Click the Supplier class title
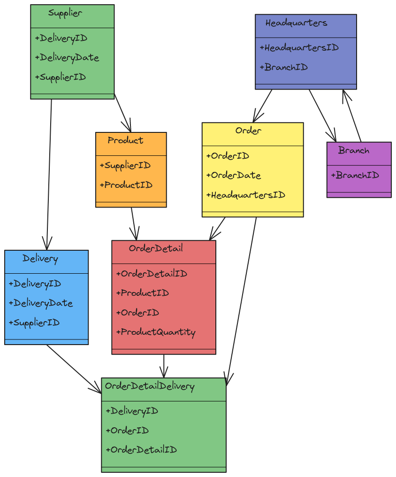click(65, 14)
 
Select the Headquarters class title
click(297, 23)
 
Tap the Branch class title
click(354, 151)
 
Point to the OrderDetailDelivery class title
click(150, 386)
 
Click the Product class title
click(126, 140)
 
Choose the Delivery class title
click(40, 259)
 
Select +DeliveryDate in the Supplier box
click(67, 58)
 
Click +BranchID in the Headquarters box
click(283, 67)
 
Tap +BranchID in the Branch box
click(355, 175)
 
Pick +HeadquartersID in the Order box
click(245, 195)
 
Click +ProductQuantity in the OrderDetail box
click(156, 332)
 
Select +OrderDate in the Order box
click(233, 176)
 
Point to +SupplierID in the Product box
click(125, 166)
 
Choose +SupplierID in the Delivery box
click(34, 323)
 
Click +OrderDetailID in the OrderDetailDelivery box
click(141, 450)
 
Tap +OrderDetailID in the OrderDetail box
click(152, 274)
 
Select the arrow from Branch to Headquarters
click(352, 115)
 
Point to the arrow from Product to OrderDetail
click(134, 224)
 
